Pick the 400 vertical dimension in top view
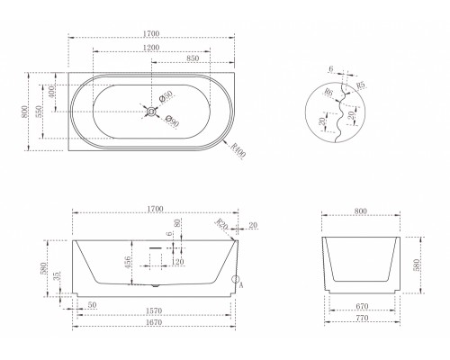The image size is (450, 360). coord(51,92)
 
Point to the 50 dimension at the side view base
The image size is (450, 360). coord(94,304)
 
